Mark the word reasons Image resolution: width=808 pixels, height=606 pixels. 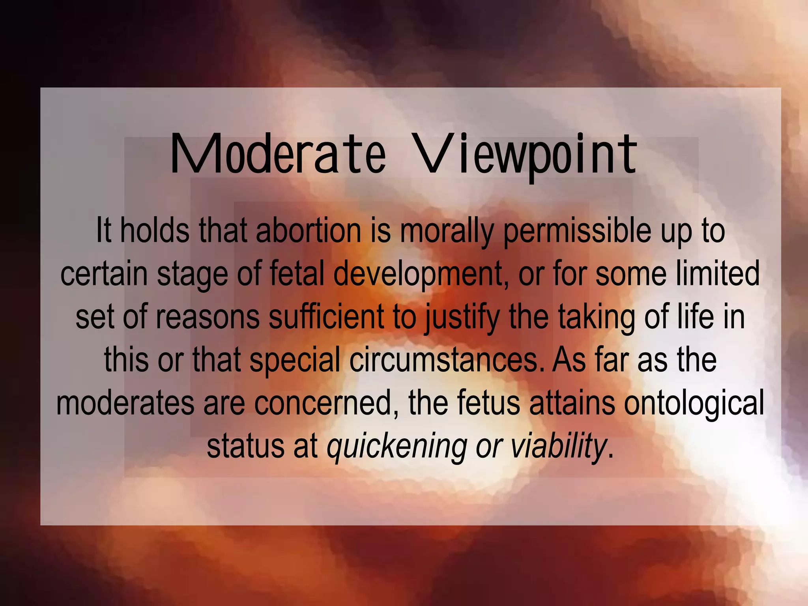click(208, 317)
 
